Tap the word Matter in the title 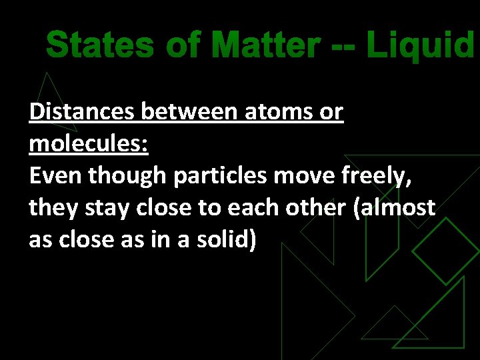[x=267, y=46]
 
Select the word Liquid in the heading [x=421, y=46]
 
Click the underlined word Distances [x=82, y=112]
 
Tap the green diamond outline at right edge [x=446, y=251]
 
